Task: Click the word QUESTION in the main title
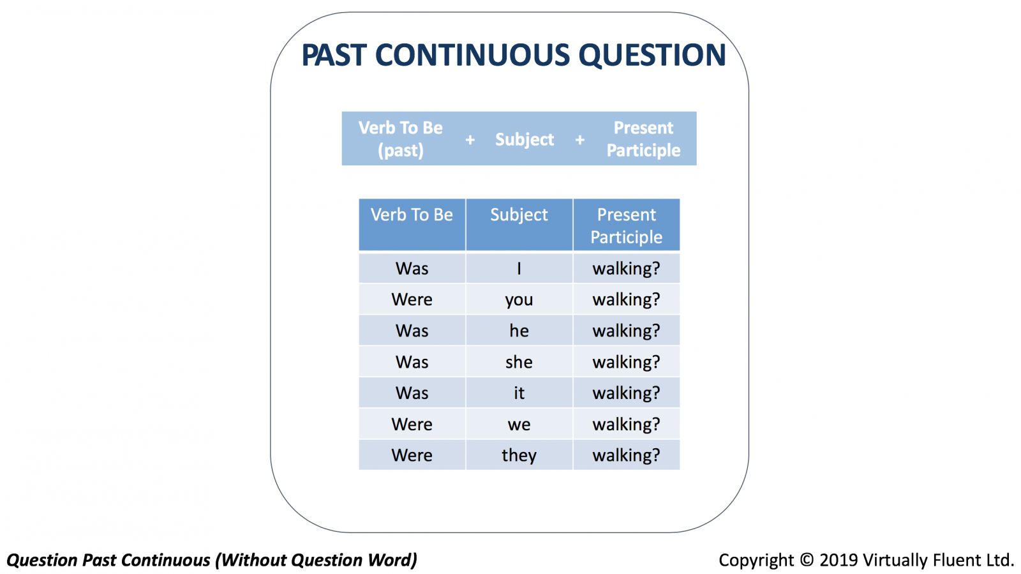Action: pyautogui.click(x=652, y=56)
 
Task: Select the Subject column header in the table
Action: pyautogui.click(x=519, y=224)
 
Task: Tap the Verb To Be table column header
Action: pyautogui.click(x=412, y=224)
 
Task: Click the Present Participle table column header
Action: pyautogui.click(x=626, y=224)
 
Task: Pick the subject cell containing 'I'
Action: pyautogui.click(x=519, y=268)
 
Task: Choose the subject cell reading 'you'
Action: pyautogui.click(x=519, y=299)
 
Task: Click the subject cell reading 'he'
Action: pyautogui.click(x=519, y=331)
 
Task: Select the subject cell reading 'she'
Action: pyautogui.click(x=519, y=361)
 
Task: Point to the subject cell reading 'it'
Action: pyautogui.click(x=519, y=393)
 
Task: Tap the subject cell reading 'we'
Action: pyautogui.click(x=519, y=424)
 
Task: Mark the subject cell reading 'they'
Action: pyautogui.click(x=519, y=455)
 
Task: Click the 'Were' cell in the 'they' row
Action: pyautogui.click(x=412, y=455)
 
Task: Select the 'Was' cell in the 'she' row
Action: pyautogui.click(x=412, y=361)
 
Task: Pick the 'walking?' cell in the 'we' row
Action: pyautogui.click(x=626, y=424)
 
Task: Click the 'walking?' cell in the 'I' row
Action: pyautogui.click(x=626, y=268)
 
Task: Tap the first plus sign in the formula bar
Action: pyautogui.click(x=470, y=140)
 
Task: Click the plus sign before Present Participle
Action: pyautogui.click(x=580, y=140)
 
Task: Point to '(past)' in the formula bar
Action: pyautogui.click(x=401, y=151)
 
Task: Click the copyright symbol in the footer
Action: pyautogui.click(x=807, y=560)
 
